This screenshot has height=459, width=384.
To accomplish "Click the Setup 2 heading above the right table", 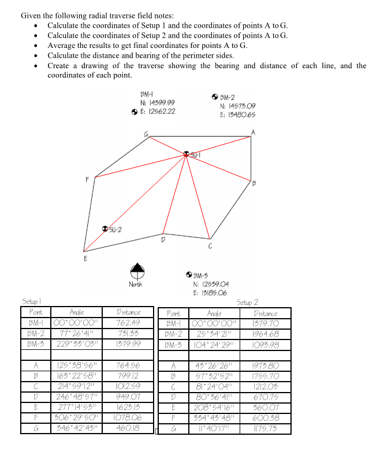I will [x=247, y=301].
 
